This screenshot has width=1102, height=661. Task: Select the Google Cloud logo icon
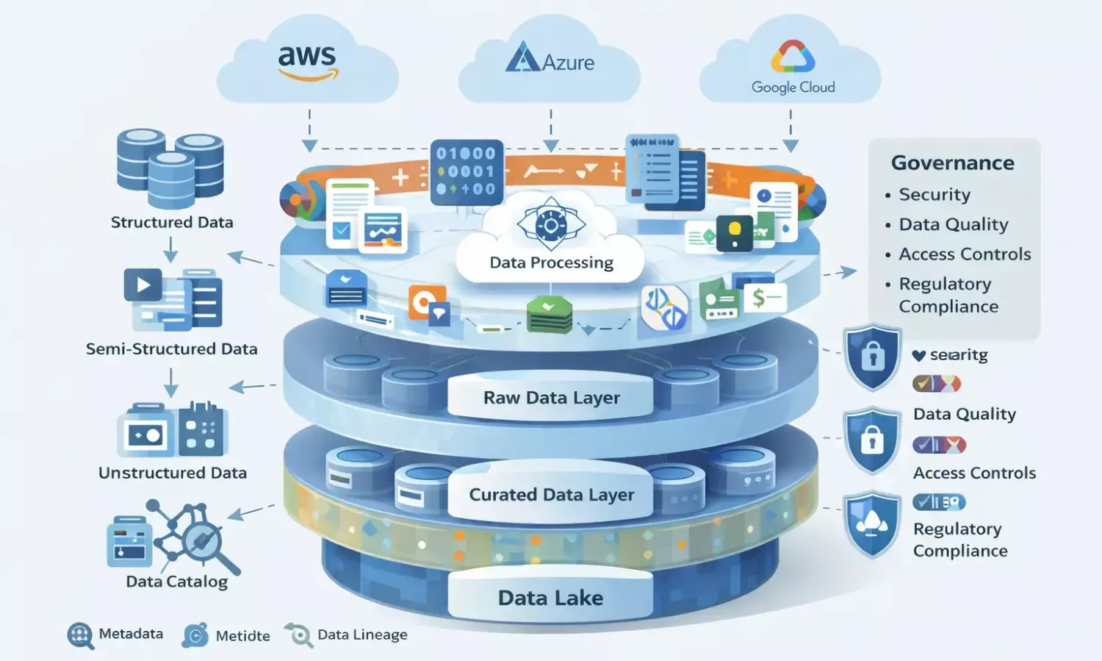[x=793, y=55]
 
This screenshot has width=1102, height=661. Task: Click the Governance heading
[x=952, y=162]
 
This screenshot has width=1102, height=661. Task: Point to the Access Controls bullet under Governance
[x=965, y=254]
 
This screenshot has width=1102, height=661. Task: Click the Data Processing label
[x=551, y=262]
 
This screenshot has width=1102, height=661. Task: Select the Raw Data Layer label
[x=551, y=398]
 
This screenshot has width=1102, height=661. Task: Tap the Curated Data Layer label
[x=551, y=495]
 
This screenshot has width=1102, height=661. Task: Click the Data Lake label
[x=550, y=598]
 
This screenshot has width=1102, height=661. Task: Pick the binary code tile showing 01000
[x=467, y=171]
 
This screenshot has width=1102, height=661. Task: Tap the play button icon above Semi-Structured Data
[x=143, y=285]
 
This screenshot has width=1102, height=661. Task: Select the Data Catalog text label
[x=176, y=582]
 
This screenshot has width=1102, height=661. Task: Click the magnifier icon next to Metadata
[x=80, y=635]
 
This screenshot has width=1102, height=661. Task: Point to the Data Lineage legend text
[x=362, y=635]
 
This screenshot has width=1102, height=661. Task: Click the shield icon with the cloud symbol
[x=872, y=524]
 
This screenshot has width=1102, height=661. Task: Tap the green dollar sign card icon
[x=764, y=298]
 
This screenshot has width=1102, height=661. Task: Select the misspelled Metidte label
[x=242, y=636]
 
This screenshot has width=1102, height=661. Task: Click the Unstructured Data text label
[x=173, y=473]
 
